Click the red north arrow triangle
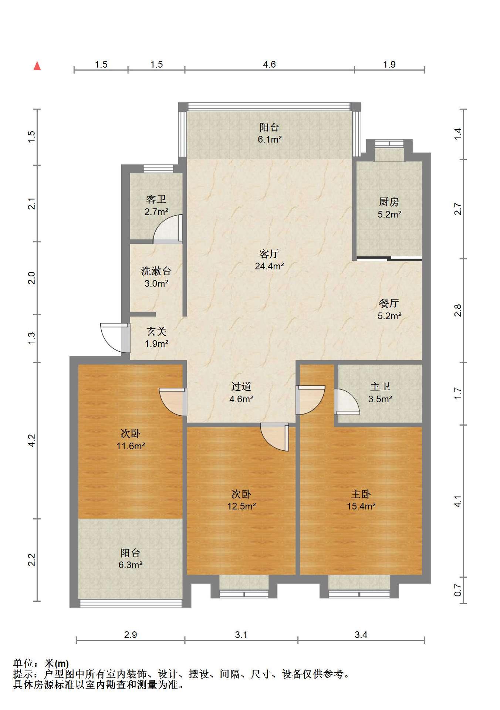pyautogui.click(x=37, y=66)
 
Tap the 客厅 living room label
pyautogui.click(x=269, y=254)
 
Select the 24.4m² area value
pyautogui.click(x=269, y=266)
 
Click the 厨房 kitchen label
pyautogui.click(x=389, y=202)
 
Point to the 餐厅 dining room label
pyautogui.click(x=389, y=304)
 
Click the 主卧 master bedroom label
pyautogui.click(x=361, y=494)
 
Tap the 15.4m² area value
pyautogui.click(x=361, y=506)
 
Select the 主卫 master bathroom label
pyautogui.click(x=380, y=387)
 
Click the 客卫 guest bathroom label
pyautogui.click(x=156, y=200)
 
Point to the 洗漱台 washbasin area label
pyautogui.click(x=156, y=271)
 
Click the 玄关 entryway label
pyautogui.click(x=156, y=331)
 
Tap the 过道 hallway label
pyautogui.click(x=241, y=387)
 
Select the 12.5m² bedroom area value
pyautogui.click(x=241, y=506)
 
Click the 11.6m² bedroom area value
pyautogui.click(x=131, y=446)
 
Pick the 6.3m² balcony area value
pyautogui.click(x=131, y=565)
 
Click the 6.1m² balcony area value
pyautogui.click(x=270, y=140)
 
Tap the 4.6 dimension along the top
pyautogui.click(x=269, y=65)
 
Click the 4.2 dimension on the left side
pyautogui.click(x=32, y=440)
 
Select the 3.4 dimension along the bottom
pyautogui.click(x=361, y=635)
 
